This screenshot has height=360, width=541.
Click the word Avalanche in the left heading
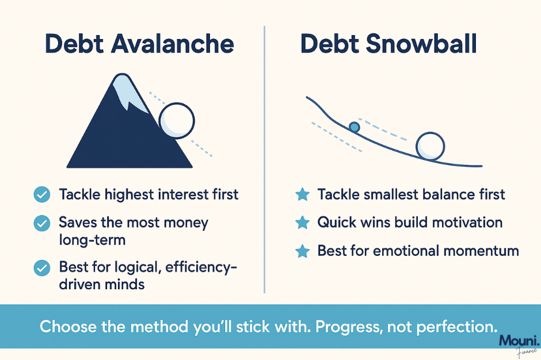pos(172,44)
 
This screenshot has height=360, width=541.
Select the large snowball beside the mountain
pos(177,121)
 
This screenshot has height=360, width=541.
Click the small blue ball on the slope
pos(354,127)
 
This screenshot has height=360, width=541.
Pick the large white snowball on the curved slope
pos(430,147)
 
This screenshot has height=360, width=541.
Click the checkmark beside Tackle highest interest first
pos(42,194)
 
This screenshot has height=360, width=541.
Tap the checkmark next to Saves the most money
pos(42,223)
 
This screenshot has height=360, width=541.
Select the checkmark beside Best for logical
pos(42,268)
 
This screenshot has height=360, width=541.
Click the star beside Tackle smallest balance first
pos(303,194)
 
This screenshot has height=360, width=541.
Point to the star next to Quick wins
pos(303,223)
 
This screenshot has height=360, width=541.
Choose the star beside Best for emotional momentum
pos(303,251)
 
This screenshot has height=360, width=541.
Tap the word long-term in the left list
pos(92,240)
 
